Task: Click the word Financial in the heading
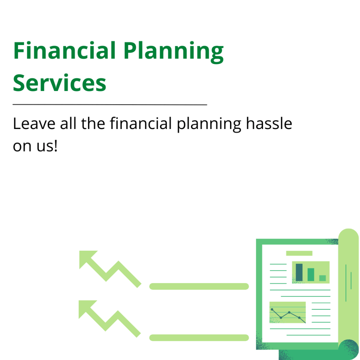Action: (64, 51)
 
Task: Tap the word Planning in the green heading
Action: (174, 52)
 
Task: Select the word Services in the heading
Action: (59, 83)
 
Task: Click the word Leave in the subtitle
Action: (34, 123)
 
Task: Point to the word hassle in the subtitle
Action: (269, 123)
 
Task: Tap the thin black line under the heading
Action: (110, 105)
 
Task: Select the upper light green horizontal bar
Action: (199, 286)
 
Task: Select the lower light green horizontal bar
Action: (199, 337)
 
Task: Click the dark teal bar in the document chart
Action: (299, 272)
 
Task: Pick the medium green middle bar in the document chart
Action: (311, 275)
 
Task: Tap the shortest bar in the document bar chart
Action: (323, 278)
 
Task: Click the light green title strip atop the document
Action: (299, 253)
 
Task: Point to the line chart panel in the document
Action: (288, 312)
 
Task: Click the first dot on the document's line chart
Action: (272, 309)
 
